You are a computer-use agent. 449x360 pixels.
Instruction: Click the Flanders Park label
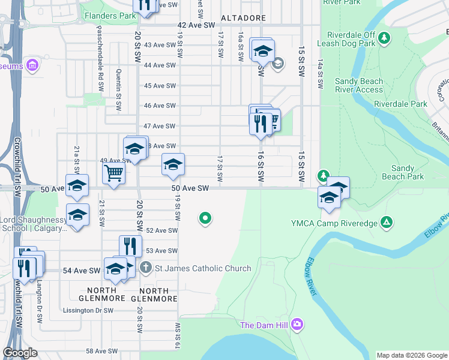point(110,16)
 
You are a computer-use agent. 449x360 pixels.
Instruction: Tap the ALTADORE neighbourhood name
point(243,19)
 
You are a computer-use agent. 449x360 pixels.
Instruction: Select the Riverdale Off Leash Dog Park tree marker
point(385,39)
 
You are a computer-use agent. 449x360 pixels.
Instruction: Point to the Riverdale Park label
point(400,104)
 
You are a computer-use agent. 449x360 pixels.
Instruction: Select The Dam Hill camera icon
point(298,325)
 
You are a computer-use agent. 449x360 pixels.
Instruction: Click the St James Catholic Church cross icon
point(145,268)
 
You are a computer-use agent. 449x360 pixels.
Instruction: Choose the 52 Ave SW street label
point(161,230)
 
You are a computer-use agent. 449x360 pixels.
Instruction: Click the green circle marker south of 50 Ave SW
point(205,218)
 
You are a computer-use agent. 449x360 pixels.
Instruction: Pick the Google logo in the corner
point(20,353)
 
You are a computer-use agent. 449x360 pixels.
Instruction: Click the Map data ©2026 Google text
point(411,355)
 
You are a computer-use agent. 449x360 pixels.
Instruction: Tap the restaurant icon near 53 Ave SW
point(130,245)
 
